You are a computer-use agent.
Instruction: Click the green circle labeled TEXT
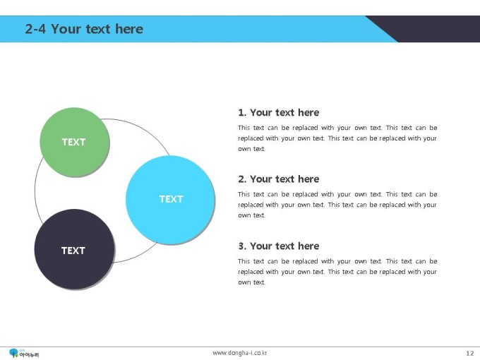(x=74, y=142)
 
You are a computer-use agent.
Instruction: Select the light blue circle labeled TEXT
(x=170, y=200)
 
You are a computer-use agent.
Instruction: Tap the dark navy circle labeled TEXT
(x=74, y=249)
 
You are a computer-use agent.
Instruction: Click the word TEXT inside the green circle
(x=74, y=142)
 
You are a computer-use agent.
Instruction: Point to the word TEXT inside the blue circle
(x=171, y=199)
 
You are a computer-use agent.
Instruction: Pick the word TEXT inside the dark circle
(x=73, y=251)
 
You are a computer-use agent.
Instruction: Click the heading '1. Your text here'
(x=279, y=112)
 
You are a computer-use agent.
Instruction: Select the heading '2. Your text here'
(x=279, y=179)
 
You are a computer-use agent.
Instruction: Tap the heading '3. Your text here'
(x=279, y=246)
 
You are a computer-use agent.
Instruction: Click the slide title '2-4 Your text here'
(x=84, y=29)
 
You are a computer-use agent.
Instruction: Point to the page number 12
(x=470, y=353)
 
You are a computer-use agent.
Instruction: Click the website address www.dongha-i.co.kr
(x=240, y=353)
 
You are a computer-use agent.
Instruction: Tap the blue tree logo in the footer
(x=14, y=353)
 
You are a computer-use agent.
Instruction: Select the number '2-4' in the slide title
(x=35, y=29)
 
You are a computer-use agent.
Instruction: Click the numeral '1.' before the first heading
(x=242, y=113)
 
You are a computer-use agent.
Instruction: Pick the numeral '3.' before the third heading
(x=242, y=246)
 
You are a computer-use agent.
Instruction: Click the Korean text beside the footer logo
(x=29, y=355)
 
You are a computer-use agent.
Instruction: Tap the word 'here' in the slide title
(x=129, y=29)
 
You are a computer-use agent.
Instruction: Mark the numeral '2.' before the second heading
(x=242, y=179)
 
